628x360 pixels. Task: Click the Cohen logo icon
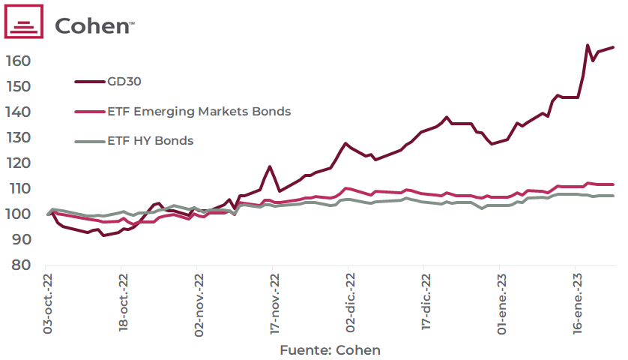[x=25, y=22]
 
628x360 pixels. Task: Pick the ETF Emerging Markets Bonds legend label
[x=199, y=111]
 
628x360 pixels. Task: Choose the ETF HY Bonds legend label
[x=151, y=141]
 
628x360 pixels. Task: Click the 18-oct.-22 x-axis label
[x=124, y=304]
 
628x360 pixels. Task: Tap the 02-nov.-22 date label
[x=199, y=304]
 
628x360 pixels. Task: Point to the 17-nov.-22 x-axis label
[x=275, y=304]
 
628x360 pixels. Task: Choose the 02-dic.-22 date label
[x=350, y=304]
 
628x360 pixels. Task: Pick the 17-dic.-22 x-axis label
[x=426, y=304]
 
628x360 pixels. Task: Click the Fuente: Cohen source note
[x=330, y=350]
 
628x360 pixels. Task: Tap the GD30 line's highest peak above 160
[x=588, y=45]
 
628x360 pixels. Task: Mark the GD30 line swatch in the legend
[x=90, y=81]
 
